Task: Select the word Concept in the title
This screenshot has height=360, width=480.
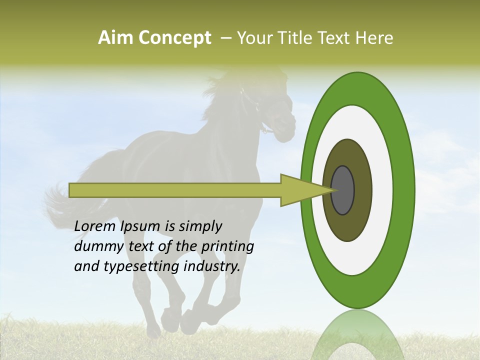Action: click(174, 38)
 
